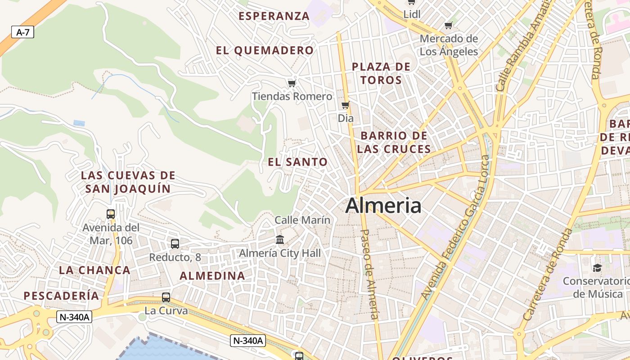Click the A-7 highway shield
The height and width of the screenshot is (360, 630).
click(x=22, y=32)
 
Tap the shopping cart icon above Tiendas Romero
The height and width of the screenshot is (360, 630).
click(x=292, y=83)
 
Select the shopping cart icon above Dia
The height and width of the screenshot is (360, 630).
click(x=345, y=105)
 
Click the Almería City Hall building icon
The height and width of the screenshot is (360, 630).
click(x=280, y=239)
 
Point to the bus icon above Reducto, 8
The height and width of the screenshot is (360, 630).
click(x=175, y=244)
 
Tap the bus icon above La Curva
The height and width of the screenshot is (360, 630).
click(x=166, y=297)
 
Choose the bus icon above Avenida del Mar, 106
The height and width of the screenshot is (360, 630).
click(x=111, y=214)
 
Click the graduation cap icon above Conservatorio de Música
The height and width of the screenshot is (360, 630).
click(x=597, y=268)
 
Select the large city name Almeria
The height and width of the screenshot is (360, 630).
click(x=383, y=206)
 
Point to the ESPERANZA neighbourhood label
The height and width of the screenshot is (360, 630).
click(x=274, y=16)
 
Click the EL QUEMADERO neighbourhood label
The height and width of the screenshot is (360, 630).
click(x=265, y=50)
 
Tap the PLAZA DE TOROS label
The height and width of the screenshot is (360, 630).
click(x=381, y=73)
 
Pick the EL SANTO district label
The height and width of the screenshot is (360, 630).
click(x=298, y=162)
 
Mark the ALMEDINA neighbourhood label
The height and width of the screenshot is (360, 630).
click(x=212, y=276)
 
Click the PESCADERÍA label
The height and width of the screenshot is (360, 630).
click(x=61, y=296)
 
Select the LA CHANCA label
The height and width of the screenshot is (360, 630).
click(x=94, y=270)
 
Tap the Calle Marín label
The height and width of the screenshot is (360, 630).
click(x=302, y=220)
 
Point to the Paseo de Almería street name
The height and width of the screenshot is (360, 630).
click(x=370, y=274)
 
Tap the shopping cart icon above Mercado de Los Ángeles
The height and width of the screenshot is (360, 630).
click(x=448, y=25)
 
